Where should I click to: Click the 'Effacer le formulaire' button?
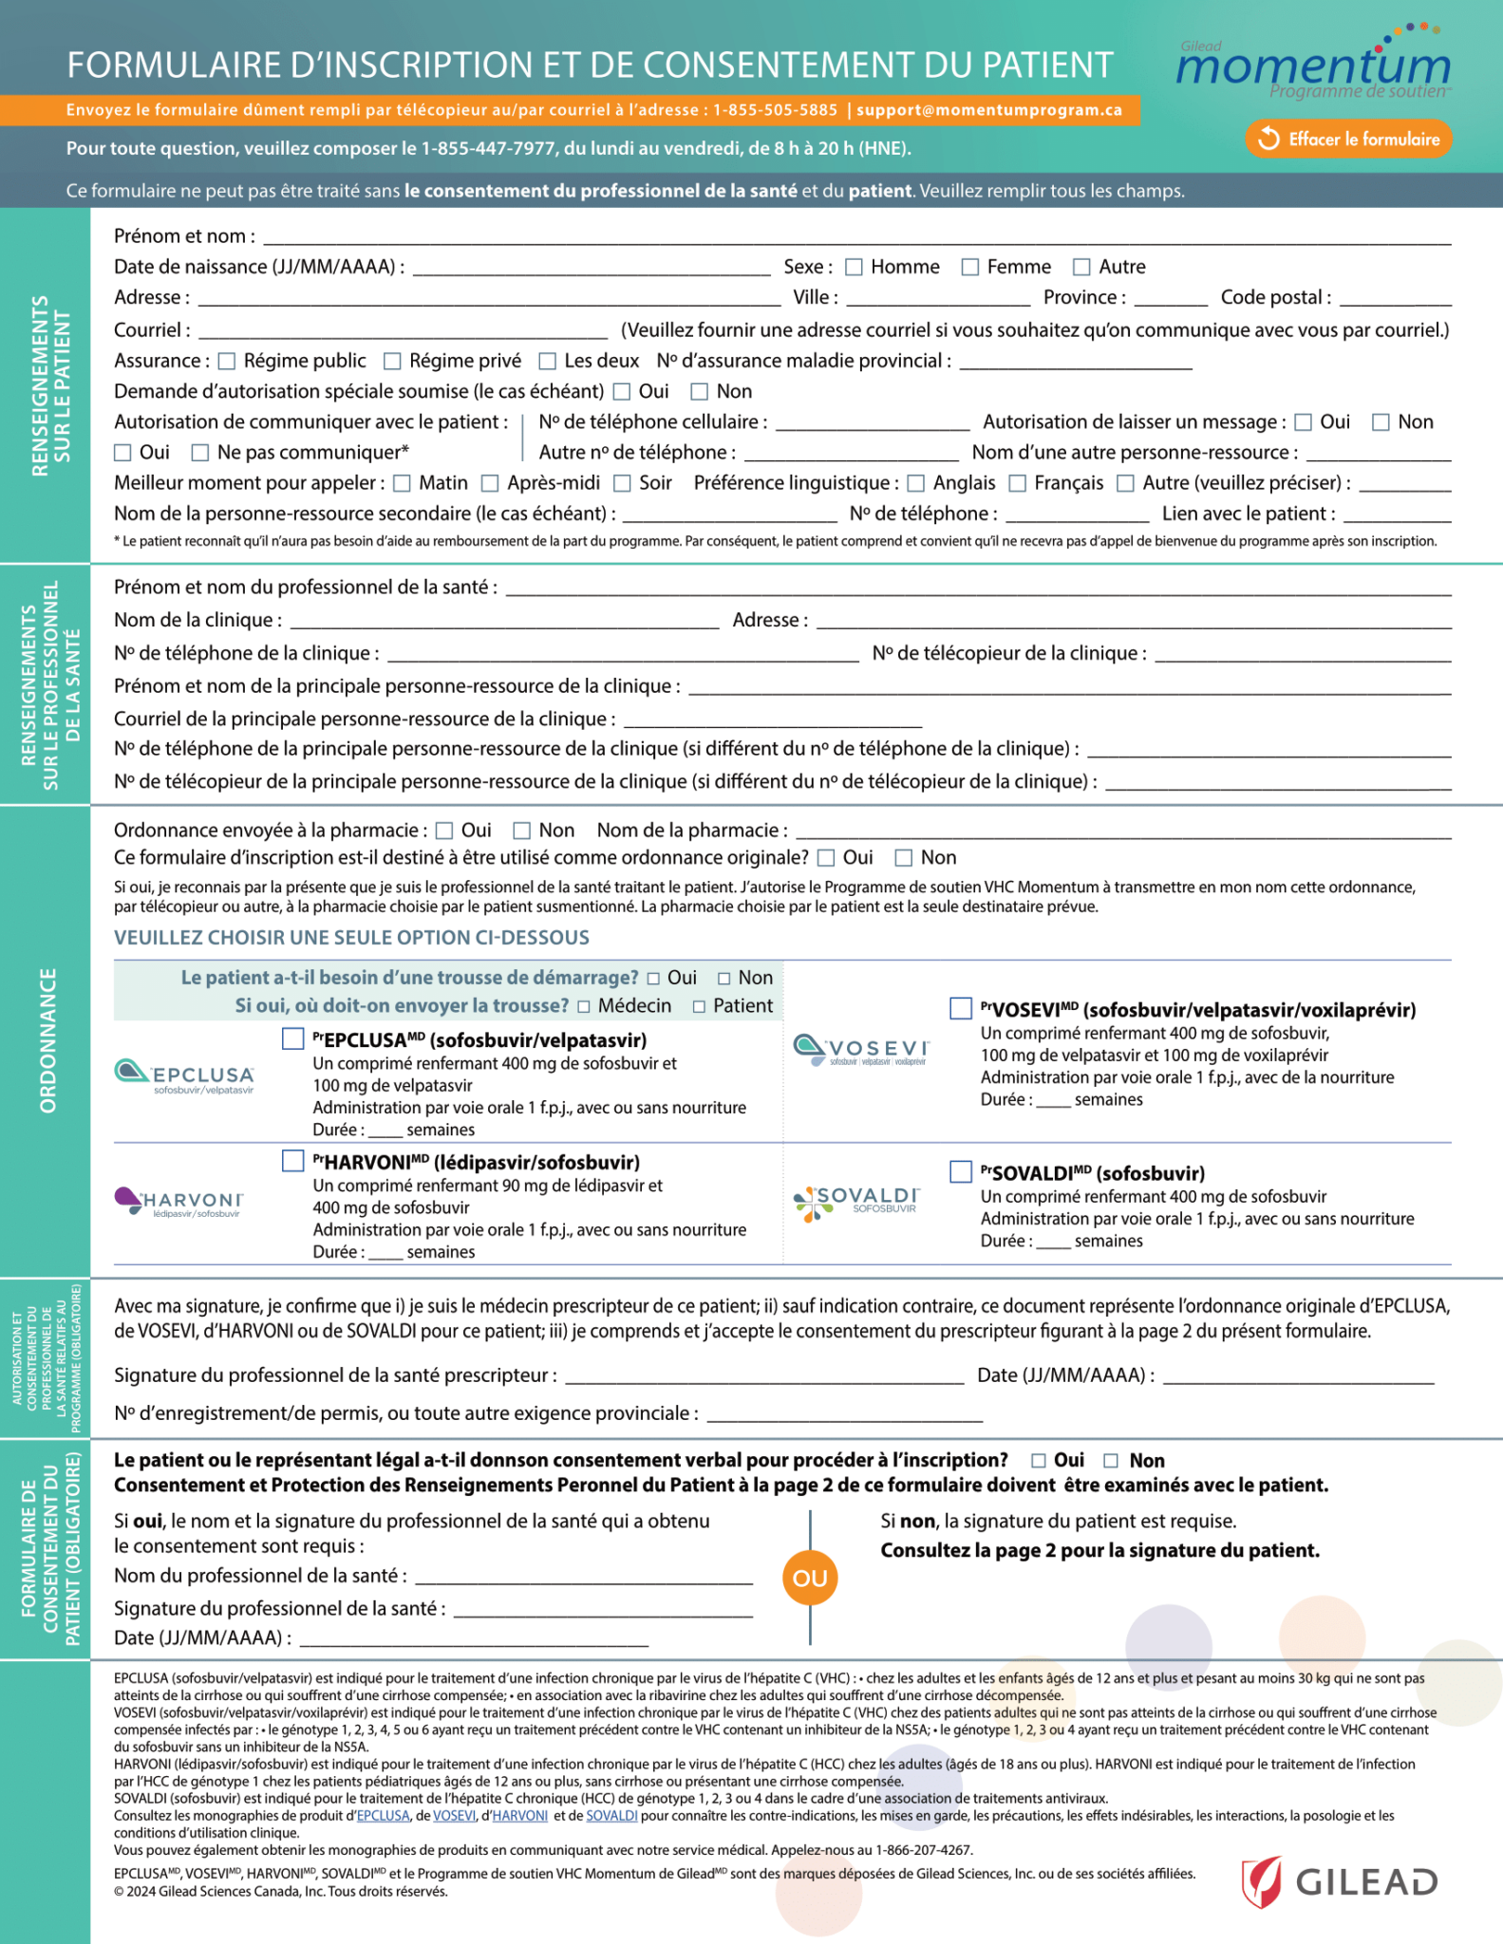point(1348,139)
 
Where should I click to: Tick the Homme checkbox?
point(854,267)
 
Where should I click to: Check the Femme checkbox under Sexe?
point(969,267)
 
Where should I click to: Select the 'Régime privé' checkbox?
point(392,361)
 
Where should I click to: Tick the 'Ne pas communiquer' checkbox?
point(200,453)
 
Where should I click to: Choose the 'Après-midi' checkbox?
point(490,483)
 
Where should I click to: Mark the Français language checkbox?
point(1017,483)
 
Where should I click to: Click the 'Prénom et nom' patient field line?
point(855,237)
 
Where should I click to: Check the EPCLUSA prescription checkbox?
point(292,1038)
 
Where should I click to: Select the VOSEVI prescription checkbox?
point(961,1008)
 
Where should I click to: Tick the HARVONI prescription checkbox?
point(292,1160)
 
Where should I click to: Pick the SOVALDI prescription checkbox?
point(961,1171)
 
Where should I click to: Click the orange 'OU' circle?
point(810,1578)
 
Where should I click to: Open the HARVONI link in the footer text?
point(519,1815)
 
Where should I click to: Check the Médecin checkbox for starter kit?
point(584,1006)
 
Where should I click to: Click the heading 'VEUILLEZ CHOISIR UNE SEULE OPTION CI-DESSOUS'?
point(351,938)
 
